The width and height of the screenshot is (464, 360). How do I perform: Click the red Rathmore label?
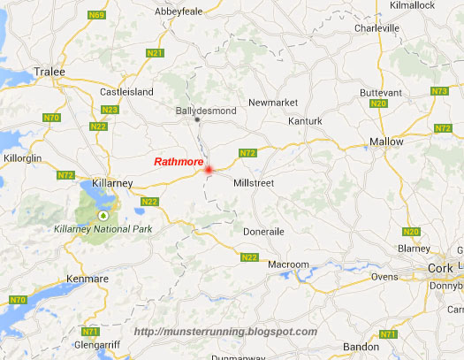179,162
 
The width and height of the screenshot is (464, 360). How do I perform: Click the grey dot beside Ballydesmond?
197,119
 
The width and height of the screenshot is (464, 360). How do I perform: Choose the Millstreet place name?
254,182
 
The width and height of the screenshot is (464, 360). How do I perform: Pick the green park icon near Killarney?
103,215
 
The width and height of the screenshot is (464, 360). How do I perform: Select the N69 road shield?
96,15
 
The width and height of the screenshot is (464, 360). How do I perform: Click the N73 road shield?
438,92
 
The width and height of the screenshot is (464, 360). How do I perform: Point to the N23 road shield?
110,110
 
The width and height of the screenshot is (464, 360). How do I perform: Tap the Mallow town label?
386,142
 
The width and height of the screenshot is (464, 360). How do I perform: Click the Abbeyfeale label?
179,13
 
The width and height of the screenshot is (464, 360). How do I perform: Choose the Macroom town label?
289,264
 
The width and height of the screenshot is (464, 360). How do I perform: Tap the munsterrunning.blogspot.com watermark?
225,332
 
